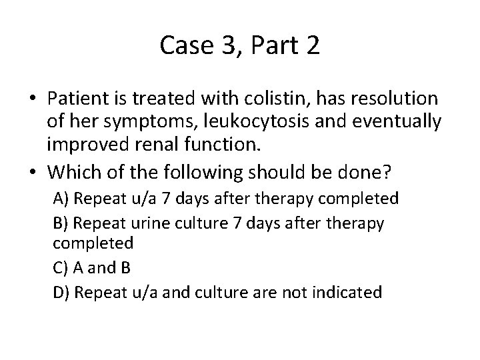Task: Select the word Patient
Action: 73,99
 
